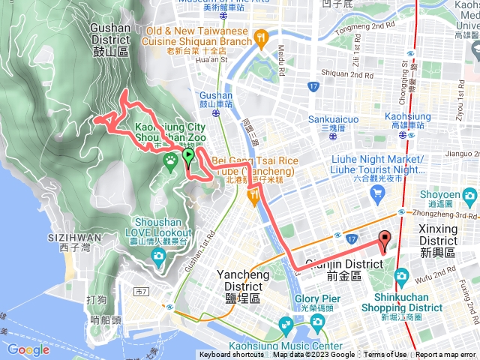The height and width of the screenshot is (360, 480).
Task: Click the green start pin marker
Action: pos(188,156)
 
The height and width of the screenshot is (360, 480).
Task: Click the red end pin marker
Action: pos(385,241)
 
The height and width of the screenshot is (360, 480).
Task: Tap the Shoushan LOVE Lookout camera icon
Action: pos(158,258)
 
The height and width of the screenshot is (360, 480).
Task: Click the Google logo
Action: pos(28,349)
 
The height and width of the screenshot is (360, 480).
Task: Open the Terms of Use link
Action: pos(385,355)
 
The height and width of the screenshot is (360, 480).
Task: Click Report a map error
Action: pos(445,355)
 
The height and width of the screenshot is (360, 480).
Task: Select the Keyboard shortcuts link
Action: pos(232,355)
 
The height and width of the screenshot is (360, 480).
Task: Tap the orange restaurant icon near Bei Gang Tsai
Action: pos(254,195)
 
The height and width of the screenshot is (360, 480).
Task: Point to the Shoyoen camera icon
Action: pos(471,196)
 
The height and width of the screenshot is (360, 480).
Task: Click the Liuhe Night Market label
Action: pos(377,163)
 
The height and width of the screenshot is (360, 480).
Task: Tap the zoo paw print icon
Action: pos(170,159)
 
